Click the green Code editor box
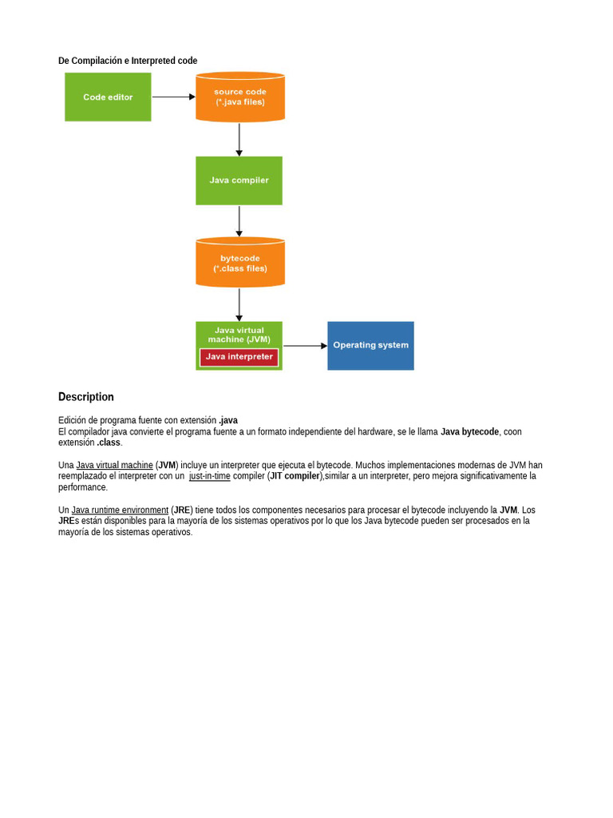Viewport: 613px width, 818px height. (108, 97)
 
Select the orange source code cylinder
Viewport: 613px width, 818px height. (240, 97)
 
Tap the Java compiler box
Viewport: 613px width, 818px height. (239, 181)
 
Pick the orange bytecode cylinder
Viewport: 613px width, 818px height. (240, 263)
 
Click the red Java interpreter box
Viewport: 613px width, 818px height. (239, 357)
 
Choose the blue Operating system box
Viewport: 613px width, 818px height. (370, 345)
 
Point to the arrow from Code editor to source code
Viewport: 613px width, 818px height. (173, 97)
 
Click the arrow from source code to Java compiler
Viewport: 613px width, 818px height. (239, 139)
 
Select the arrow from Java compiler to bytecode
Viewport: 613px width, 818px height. (239, 221)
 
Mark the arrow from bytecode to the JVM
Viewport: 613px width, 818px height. (239, 304)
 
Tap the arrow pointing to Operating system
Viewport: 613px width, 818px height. (305, 346)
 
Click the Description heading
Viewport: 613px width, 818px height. (86, 397)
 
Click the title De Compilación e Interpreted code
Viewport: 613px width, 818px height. (128, 61)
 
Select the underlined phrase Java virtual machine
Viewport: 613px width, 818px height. (114, 465)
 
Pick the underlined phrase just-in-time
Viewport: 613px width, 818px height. (209, 476)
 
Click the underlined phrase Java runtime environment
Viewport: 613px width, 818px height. (120, 510)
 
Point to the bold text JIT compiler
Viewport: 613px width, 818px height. (294, 476)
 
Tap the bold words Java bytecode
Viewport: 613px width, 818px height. (469, 431)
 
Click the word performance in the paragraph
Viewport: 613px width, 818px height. (82, 487)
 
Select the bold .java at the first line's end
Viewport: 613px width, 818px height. (228, 420)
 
